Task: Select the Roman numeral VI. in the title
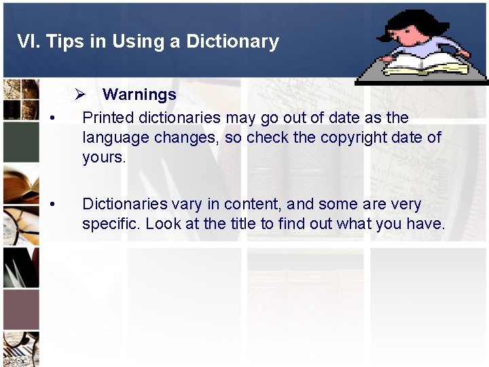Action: pos(28,41)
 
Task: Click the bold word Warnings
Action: pos(139,94)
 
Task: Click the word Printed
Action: pos(106,117)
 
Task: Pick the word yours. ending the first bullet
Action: pos(104,158)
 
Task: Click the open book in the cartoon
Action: pos(425,65)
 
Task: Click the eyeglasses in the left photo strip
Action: pos(20,228)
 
